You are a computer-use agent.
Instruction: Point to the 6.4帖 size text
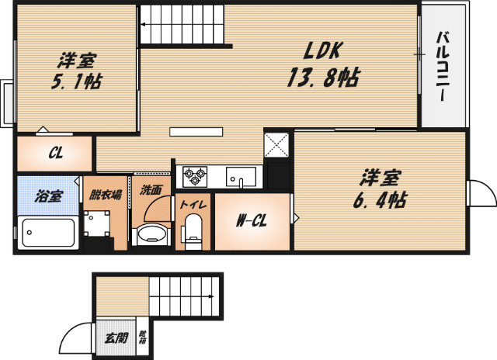point(379,199)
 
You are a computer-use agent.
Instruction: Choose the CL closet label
point(55,153)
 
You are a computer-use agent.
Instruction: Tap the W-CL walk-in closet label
point(252,221)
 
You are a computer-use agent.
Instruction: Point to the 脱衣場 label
point(105,196)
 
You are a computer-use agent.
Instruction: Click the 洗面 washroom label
point(151,189)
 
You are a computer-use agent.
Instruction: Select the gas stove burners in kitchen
point(194,176)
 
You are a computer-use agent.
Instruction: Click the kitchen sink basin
point(241,177)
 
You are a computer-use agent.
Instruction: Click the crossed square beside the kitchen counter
point(277,144)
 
